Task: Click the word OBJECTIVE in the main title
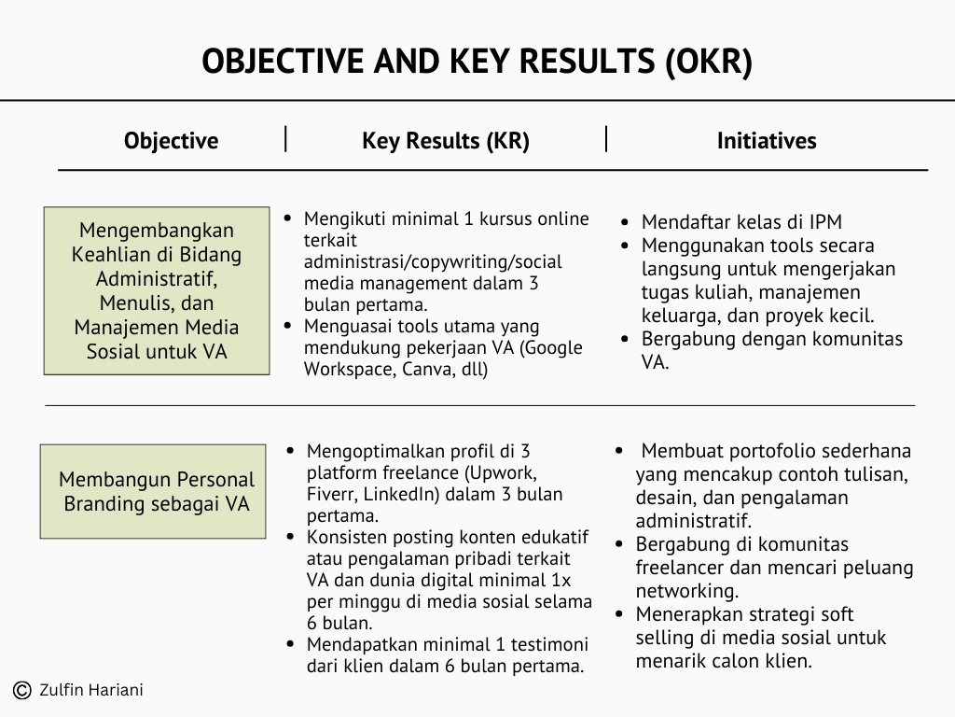pyautogui.click(x=283, y=61)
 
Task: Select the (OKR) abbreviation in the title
pyautogui.click(x=709, y=62)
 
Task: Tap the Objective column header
pyautogui.click(x=172, y=141)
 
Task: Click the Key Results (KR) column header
pyautogui.click(x=446, y=141)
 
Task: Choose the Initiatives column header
pyautogui.click(x=767, y=140)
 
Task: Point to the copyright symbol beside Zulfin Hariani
pyautogui.click(x=22, y=690)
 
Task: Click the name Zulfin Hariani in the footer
pyautogui.click(x=91, y=690)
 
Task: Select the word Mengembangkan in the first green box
pyautogui.click(x=157, y=231)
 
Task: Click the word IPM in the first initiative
pyautogui.click(x=826, y=221)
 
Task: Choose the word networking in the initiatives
pyautogui.click(x=686, y=591)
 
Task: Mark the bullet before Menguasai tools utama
pyautogui.click(x=288, y=326)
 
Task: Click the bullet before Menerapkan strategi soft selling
pyautogui.click(x=619, y=613)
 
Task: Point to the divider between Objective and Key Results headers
pyautogui.click(x=285, y=138)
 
